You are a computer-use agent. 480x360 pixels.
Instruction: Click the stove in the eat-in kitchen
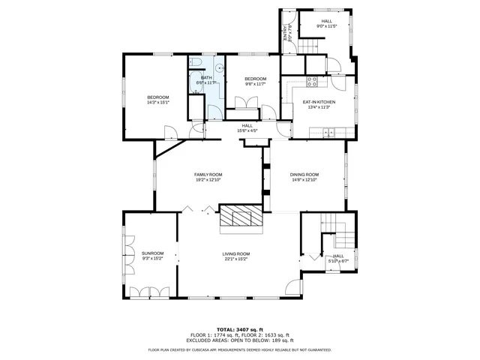pyautogui.click(x=313, y=81)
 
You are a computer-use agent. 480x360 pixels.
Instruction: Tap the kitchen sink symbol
pyautogui.click(x=328, y=133)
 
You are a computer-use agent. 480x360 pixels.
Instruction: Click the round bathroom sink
pyautogui.click(x=205, y=80)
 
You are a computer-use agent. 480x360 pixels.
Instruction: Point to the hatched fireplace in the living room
pyautogui.click(x=241, y=218)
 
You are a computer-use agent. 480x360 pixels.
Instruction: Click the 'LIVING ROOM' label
pyautogui.click(x=235, y=254)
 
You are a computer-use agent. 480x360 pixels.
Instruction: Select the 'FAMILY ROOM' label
pyautogui.click(x=208, y=174)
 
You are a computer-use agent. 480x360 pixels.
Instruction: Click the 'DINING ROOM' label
pyautogui.click(x=304, y=174)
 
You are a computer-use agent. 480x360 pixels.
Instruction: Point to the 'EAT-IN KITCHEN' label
pyautogui.click(x=319, y=102)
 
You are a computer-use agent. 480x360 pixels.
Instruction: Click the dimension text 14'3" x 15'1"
pyautogui.click(x=157, y=102)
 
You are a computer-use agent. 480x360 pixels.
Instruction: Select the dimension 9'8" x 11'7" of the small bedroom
pyautogui.click(x=256, y=84)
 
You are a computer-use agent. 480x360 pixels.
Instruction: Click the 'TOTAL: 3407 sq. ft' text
pyautogui.click(x=240, y=329)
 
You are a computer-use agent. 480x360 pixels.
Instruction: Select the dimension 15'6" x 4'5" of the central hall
pyautogui.click(x=247, y=130)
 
